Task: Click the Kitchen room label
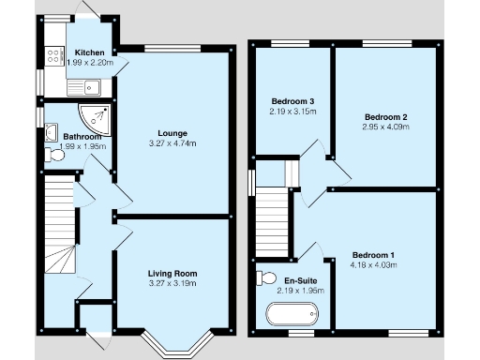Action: click(x=90, y=52)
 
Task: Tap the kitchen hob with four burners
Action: click(x=52, y=56)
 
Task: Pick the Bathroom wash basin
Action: click(x=48, y=133)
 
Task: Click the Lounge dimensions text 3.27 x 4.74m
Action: click(x=172, y=144)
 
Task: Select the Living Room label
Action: click(x=172, y=273)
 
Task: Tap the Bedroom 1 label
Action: click(x=373, y=254)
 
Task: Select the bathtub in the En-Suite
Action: click(x=292, y=312)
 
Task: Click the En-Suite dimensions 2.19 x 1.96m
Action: click(x=300, y=291)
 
